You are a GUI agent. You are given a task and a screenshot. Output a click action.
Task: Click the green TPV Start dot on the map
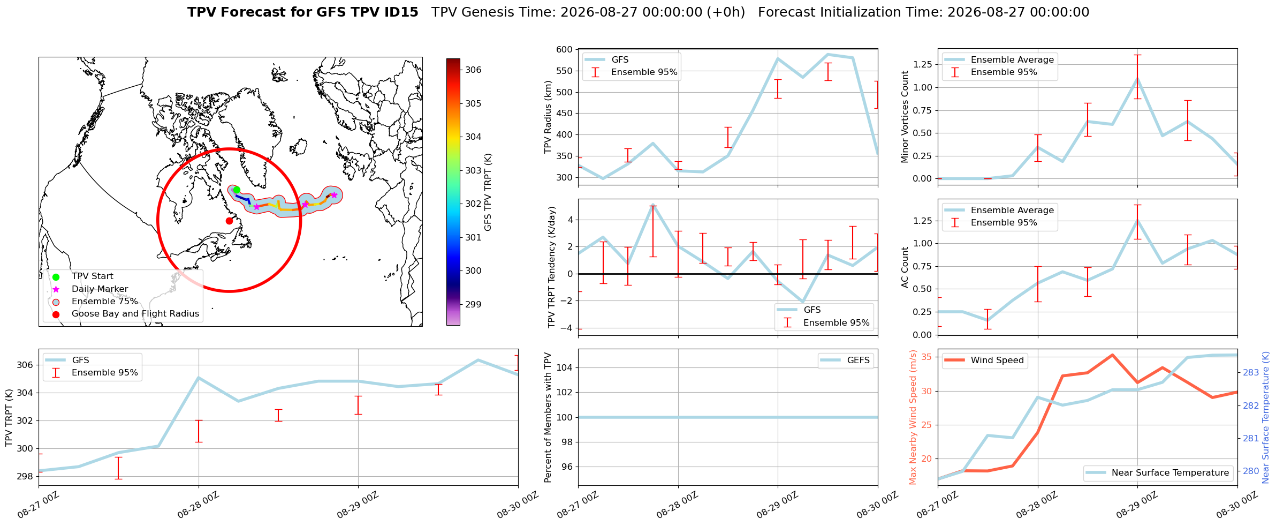237,190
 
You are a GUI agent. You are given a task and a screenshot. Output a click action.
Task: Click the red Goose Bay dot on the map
229,221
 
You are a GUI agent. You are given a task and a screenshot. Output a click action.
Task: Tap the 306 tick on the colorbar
473,70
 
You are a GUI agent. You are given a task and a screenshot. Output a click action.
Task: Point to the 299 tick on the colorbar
473,304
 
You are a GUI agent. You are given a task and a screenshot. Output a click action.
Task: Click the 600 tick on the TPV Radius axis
564,50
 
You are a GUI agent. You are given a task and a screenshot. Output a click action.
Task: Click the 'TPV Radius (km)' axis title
548,117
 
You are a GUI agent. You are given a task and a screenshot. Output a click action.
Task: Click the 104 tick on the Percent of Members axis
564,367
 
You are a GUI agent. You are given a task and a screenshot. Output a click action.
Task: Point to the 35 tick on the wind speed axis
927,357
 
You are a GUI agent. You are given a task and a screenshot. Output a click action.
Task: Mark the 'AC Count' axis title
905,267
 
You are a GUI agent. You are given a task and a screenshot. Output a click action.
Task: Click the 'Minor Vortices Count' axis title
905,117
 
